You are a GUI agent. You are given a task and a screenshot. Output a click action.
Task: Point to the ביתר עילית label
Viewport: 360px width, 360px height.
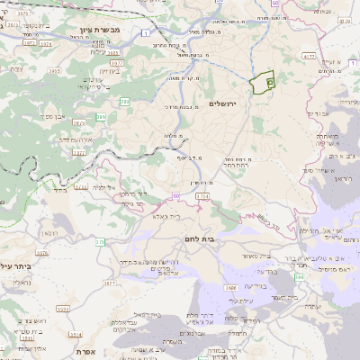coord(16,265)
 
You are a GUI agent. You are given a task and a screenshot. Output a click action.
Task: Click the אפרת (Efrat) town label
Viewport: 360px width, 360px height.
coord(86,351)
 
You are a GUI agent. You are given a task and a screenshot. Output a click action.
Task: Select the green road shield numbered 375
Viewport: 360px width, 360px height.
coord(101,241)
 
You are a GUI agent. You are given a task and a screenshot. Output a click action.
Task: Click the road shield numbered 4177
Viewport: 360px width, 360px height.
coord(310,56)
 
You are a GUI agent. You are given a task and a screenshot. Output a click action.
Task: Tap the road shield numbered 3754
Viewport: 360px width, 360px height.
coord(202,195)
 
